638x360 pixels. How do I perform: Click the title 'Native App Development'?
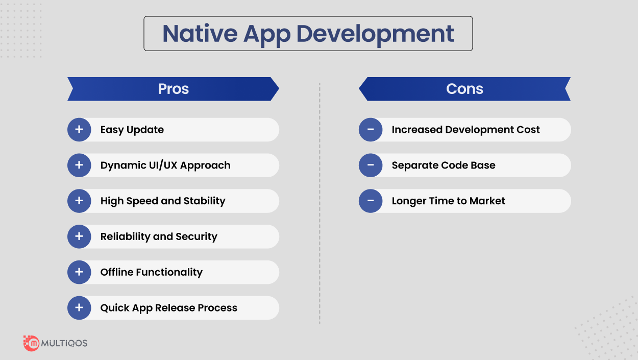click(x=308, y=34)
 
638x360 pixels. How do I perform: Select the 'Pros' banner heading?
click(x=174, y=89)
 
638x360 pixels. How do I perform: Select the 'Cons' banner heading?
click(x=464, y=89)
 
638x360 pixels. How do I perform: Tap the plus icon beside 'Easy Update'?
click(x=79, y=130)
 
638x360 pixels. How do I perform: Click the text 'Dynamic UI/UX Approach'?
click(x=165, y=165)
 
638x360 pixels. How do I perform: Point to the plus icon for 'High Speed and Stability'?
click(x=79, y=201)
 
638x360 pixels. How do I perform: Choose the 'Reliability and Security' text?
click(x=159, y=236)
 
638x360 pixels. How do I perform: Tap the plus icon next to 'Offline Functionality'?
click(x=79, y=272)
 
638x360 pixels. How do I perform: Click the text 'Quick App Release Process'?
click(x=168, y=308)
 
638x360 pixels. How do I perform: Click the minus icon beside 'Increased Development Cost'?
click(x=371, y=130)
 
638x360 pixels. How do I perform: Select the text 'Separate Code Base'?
click(x=444, y=165)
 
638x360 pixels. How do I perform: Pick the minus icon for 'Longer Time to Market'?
click(x=371, y=201)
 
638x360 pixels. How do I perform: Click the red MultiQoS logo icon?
click(x=31, y=343)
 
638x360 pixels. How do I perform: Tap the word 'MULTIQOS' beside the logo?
click(x=64, y=343)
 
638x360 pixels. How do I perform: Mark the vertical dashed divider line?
click(x=320, y=204)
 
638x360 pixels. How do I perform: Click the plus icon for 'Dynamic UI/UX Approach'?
click(x=79, y=165)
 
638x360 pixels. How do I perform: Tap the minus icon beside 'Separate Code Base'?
click(x=371, y=165)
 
